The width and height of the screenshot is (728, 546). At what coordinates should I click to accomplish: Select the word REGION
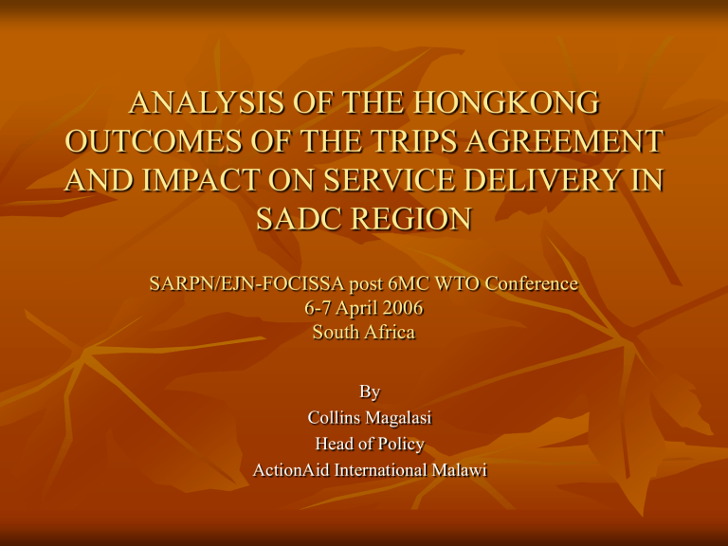click(414, 219)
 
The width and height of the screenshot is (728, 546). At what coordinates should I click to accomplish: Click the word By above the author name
click(365, 391)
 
